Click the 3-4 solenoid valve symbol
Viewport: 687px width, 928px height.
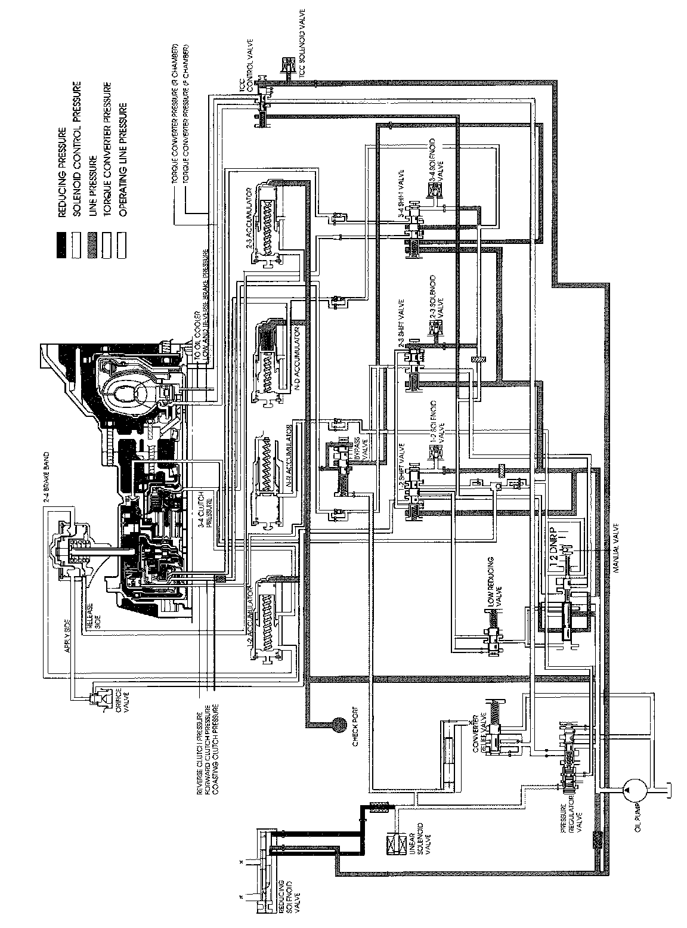pyautogui.click(x=431, y=191)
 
